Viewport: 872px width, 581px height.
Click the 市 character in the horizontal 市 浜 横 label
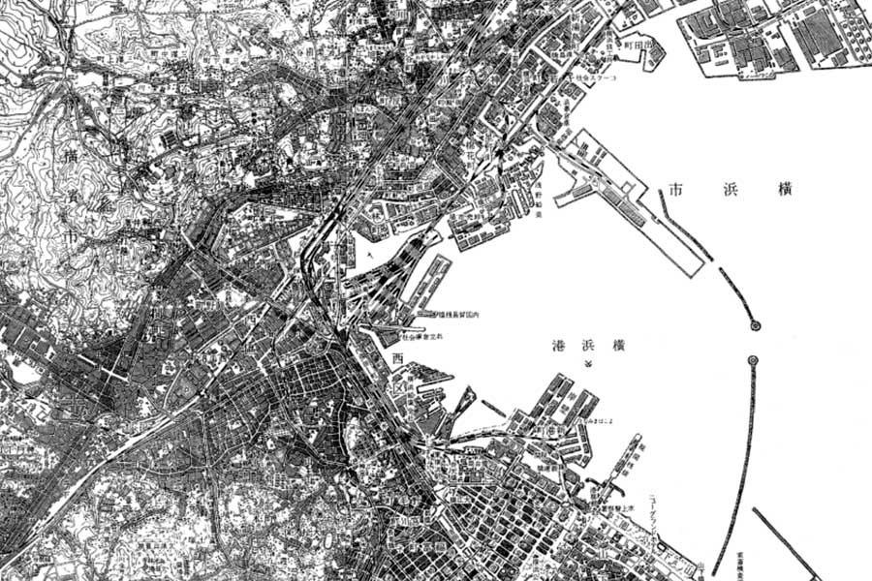point(676,191)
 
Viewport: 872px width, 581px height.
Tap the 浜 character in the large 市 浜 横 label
point(729,191)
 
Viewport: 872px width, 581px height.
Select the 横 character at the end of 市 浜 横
point(784,191)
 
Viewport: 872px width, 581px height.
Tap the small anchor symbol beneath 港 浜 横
point(587,364)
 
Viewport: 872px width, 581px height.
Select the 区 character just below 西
point(398,380)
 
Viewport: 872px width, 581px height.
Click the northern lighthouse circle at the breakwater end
point(755,326)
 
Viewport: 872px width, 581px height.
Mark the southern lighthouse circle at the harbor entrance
point(753,361)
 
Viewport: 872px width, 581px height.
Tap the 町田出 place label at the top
point(639,45)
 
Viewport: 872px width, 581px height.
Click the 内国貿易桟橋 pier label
point(452,317)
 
